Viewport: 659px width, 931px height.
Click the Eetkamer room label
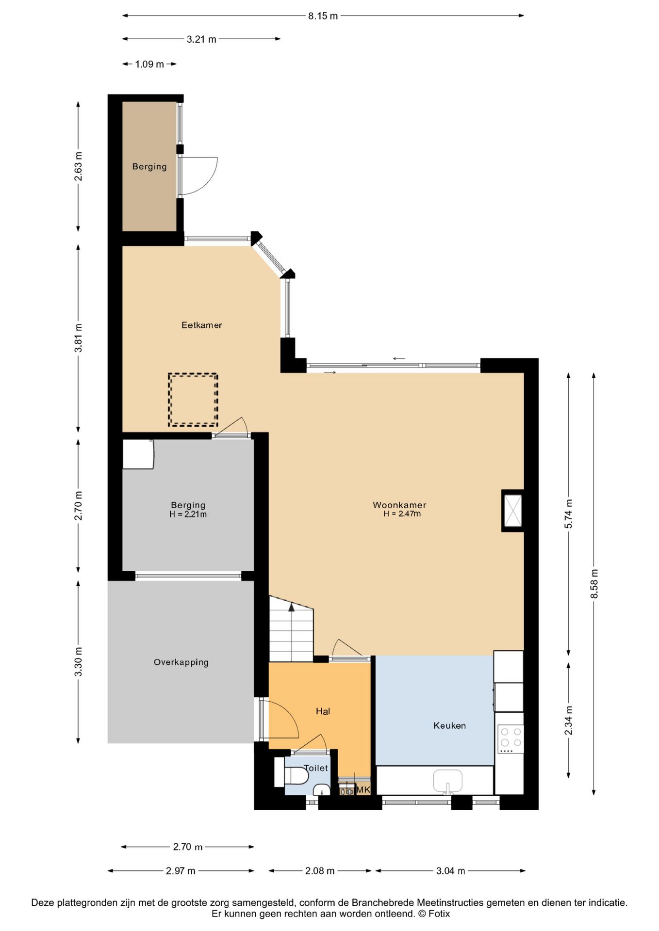point(201,325)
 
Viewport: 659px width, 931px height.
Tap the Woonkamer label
point(399,505)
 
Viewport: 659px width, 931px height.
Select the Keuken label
point(449,725)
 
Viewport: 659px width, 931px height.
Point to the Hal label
point(323,711)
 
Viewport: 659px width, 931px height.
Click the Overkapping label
point(181,662)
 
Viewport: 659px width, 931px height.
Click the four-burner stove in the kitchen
point(511,739)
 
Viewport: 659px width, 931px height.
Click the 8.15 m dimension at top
point(323,16)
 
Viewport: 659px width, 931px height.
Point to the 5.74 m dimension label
point(568,514)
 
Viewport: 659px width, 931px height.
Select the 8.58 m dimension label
point(594,583)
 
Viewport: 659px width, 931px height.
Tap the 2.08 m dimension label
point(320,871)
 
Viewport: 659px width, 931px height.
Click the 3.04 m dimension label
point(450,871)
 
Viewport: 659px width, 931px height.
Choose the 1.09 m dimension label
point(149,64)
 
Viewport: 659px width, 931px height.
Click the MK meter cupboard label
point(363,789)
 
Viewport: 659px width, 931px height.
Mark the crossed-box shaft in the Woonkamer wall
point(512,511)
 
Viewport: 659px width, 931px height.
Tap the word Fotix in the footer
point(439,914)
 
